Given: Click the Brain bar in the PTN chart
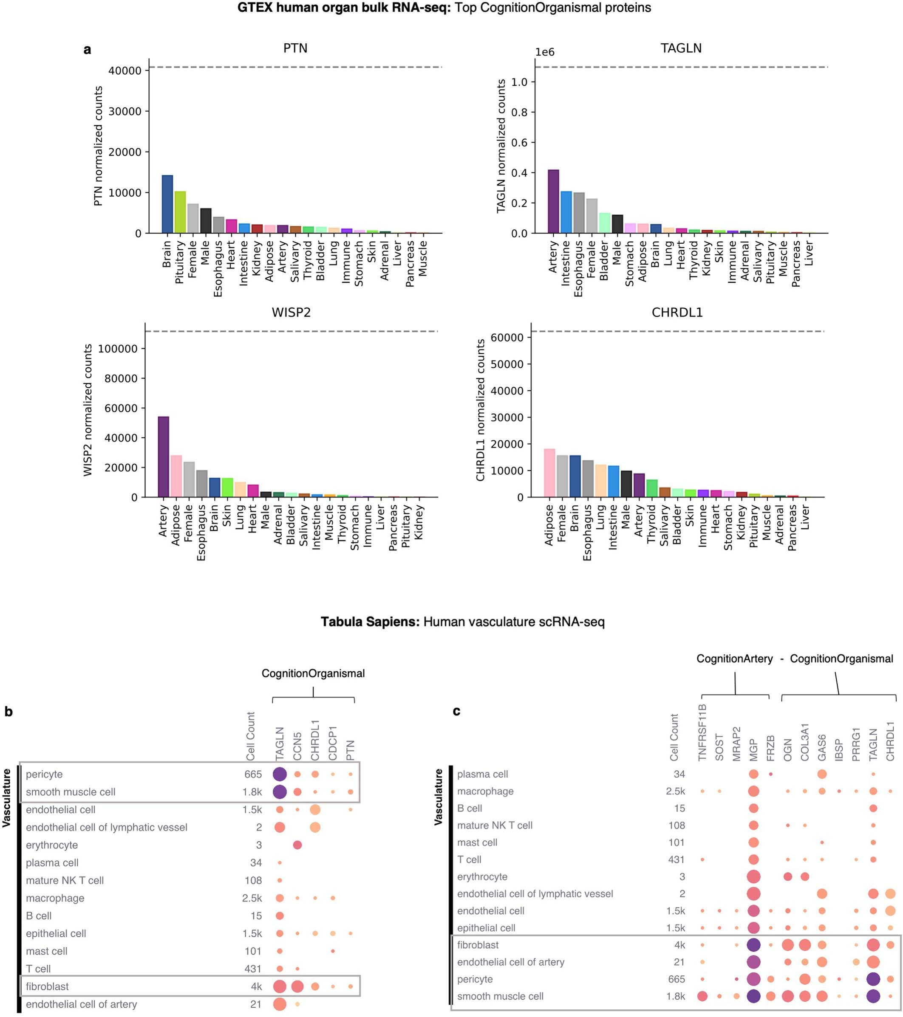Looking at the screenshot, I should click(x=167, y=204).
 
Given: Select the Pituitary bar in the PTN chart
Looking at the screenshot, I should click(x=180, y=212).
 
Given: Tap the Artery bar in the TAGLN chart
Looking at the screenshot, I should click(x=553, y=202).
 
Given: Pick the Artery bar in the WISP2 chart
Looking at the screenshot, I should click(x=163, y=457).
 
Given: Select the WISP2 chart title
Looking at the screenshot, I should click(x=291, y=313).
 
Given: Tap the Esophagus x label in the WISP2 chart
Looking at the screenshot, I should click(x=201, y=533).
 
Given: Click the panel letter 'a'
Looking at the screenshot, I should click(x=88, y=50).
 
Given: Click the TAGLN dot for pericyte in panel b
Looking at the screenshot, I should click(x=279, y=774).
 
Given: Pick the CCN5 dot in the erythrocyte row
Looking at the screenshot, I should click(x=297, y=845).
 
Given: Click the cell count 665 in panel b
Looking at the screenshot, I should click(x=253, y=775).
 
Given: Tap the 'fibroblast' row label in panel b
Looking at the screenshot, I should click(x=47, y=987).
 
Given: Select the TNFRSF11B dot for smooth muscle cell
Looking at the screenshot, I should click(x=702, y=996).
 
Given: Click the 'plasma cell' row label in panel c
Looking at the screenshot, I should click(x=482, y=774).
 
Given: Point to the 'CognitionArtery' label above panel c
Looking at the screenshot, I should click(x=734, y=659).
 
